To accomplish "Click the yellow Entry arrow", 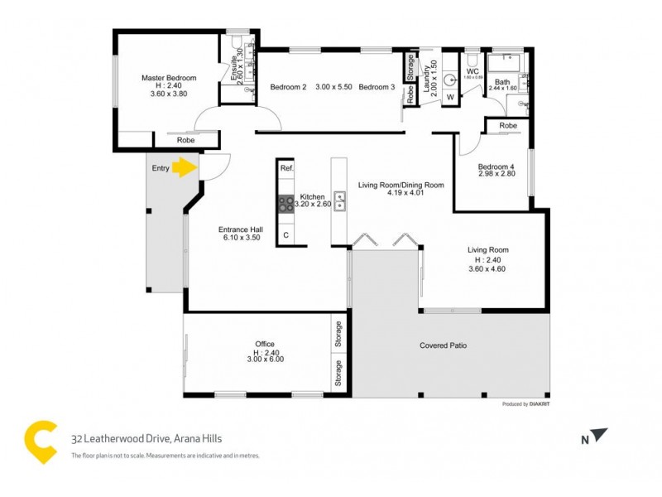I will tap(184, 168).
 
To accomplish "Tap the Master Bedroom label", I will tap(169, 78).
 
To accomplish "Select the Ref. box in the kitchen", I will tap(286, 168).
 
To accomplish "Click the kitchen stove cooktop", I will tap(285, 202).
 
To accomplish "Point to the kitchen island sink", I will tap(339, 202).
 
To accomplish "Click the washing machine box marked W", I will tap(450, 98).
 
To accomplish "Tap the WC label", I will tap(473, 72).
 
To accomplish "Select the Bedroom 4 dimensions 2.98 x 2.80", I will tap(496, 174).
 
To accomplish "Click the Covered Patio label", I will tap(446, 345).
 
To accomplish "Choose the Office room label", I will tap(265, 344).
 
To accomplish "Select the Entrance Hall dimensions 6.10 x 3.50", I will tap(241, 238).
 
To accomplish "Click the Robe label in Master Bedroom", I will tap(185, 141).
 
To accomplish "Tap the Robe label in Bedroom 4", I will tap(508, 126).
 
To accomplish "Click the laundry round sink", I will tap(449, 80).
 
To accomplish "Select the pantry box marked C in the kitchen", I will tap(286, 235).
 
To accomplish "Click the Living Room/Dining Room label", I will tap(401, 185).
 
